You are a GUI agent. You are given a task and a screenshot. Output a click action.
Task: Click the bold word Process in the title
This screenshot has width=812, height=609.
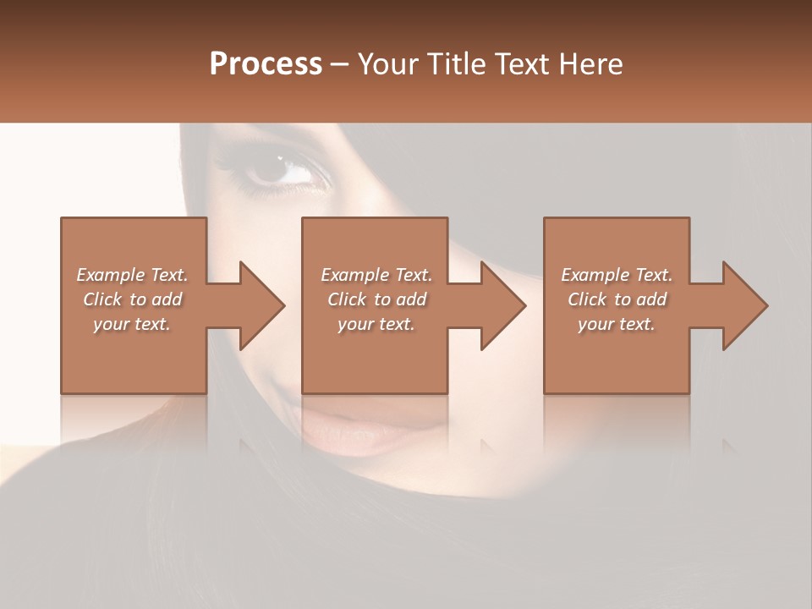tap(266, 64)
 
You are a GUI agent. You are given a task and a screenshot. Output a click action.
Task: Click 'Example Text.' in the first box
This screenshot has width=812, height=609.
tap(132, 275)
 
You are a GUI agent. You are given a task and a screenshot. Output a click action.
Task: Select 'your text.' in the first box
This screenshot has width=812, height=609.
tap(132, 324)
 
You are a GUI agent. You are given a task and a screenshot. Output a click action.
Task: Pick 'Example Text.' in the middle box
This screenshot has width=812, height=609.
tap(376, 275)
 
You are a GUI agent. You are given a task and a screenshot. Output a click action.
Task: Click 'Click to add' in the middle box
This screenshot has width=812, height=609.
tap(376, 299)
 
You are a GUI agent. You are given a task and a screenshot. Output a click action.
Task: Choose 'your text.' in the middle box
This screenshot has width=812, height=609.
tap(376, 324)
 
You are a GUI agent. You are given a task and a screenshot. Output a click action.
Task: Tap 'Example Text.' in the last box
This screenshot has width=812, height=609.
tap(617, 275)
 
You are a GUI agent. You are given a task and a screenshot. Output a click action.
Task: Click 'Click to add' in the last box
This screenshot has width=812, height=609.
tap(617, 299)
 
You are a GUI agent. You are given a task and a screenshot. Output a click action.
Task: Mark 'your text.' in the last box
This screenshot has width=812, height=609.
tap(617, 324)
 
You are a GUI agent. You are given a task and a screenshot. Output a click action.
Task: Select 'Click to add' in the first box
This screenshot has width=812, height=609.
tap(132, 299)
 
